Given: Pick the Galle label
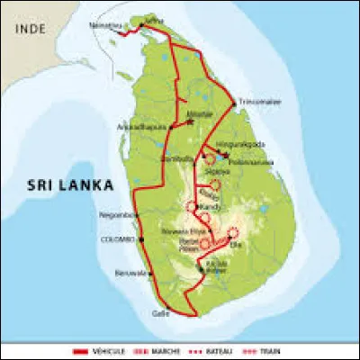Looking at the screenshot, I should point(159,313).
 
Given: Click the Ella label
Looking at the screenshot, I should point(238,243).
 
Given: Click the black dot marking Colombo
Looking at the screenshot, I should point(140,240).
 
